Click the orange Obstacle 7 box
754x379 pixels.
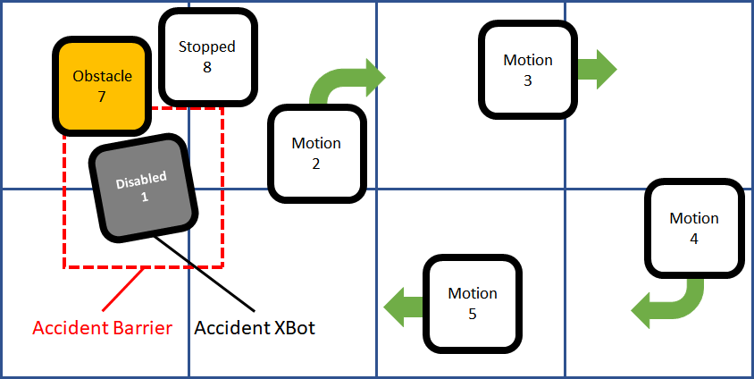pyautogui.click(x=102, y=85)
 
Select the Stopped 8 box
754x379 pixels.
pyautogui.click(x=206, y=56)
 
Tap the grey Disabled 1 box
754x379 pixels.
pyautogui.click(x=143, y=188)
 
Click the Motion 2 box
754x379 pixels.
pyautogui.click(x=316, y=153)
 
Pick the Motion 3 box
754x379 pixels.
pyautogui.click(x=527, y=70)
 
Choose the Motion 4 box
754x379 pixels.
pyautogui.click(x=694, y=228)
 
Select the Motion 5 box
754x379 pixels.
pyautogui.click(x=472, y=302)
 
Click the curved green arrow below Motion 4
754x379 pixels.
pyautogui.click(x=670, y=304)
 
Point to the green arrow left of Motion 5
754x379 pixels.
pyautogui.click(x=403, y=306)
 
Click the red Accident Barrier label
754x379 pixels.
pyautogui.click(x=102, y=328)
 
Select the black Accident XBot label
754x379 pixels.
pyautogui.click(x=255, y=328)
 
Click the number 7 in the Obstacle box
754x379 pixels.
pyautogui.click(x=102, y=95)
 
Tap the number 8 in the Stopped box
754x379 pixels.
pyautogui.click(x=206, y=66)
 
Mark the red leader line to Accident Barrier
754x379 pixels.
pyautogui.click(x=125, y=291)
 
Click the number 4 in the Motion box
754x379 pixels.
pyautogui.click(x=694, y=239)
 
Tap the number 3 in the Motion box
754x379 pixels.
pyautogui.click(x=528, y=80)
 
